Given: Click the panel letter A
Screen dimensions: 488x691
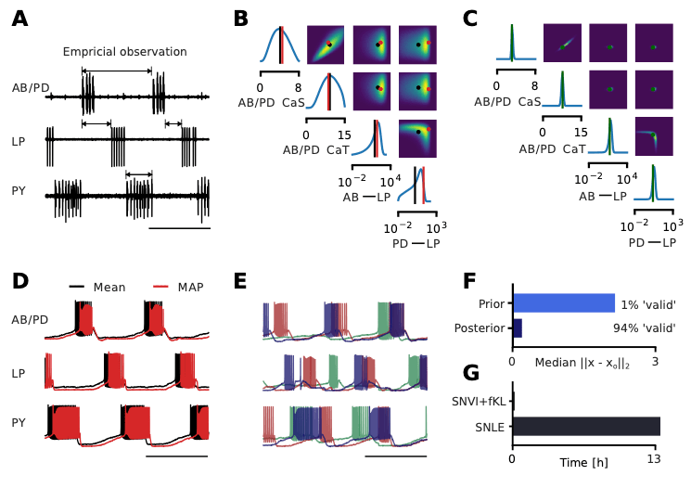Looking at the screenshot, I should click(19, 19).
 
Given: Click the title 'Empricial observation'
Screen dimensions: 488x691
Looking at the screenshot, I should click(124, 52).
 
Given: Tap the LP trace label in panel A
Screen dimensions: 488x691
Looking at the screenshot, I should click(19, 141).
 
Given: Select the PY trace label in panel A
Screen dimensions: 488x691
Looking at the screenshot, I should click(19, 191).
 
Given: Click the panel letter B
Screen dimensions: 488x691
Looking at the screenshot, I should click(240, 19).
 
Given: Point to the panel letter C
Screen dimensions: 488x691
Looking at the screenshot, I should click(470, 19).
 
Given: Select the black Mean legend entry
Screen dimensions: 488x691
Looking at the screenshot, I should click(109, 288).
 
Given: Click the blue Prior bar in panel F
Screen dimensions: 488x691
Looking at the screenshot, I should click(563, 303).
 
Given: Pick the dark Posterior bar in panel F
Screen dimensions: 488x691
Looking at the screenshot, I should click(517, 328).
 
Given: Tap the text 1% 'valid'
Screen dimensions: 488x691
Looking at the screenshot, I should click(647, 304).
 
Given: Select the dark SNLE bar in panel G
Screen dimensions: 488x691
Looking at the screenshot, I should click(585, 426).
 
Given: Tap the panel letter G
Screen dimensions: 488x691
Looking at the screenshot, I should click(470, 373).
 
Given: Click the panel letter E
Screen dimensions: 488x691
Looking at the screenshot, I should click(240, 282).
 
